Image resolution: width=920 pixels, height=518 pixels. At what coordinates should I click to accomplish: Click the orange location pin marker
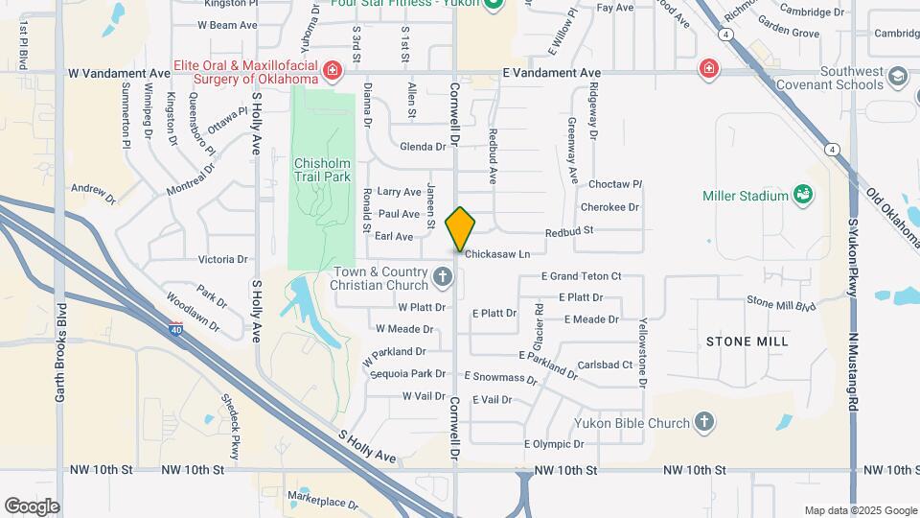click(460, 228)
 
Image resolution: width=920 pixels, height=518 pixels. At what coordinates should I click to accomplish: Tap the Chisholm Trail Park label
click(322, 169)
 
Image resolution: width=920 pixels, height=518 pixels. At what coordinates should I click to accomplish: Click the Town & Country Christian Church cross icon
click(442, 278)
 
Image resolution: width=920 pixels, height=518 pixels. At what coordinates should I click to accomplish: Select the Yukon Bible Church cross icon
click(704, 422)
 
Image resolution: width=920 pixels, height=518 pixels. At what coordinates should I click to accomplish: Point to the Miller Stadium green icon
click(803, 196)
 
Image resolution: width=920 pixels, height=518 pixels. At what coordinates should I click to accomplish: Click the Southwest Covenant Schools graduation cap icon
click(898, 77)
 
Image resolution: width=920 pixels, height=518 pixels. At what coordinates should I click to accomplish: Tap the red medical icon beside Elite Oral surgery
click(332, 71)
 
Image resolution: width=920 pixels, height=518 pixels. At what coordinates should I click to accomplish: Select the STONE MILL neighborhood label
click(747, 341)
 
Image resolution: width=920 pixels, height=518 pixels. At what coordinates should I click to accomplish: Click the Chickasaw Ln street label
click(497, 254)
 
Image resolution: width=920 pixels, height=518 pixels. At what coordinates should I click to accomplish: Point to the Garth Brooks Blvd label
click(60, 352)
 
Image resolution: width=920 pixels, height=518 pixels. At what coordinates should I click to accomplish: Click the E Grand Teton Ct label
click(581, 276)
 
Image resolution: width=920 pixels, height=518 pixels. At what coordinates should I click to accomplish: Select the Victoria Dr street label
click(222, 259)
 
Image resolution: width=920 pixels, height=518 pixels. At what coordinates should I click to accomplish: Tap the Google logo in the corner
click(32, 506)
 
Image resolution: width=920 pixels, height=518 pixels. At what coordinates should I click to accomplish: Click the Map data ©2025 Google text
click(861, 510)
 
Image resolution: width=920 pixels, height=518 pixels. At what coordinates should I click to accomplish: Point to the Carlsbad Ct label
click(606, 365)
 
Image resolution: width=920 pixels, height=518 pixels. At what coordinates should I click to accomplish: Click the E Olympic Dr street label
click(554, 444)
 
